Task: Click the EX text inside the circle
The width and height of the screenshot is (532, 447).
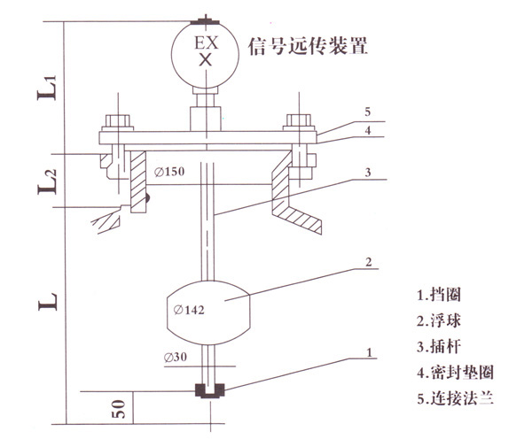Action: tap(206, 42)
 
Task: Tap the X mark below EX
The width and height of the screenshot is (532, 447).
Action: tap(206, 60)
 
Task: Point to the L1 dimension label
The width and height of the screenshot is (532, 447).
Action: tap(51, 87)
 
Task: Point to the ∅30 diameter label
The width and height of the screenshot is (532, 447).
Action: tap(176, 358)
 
